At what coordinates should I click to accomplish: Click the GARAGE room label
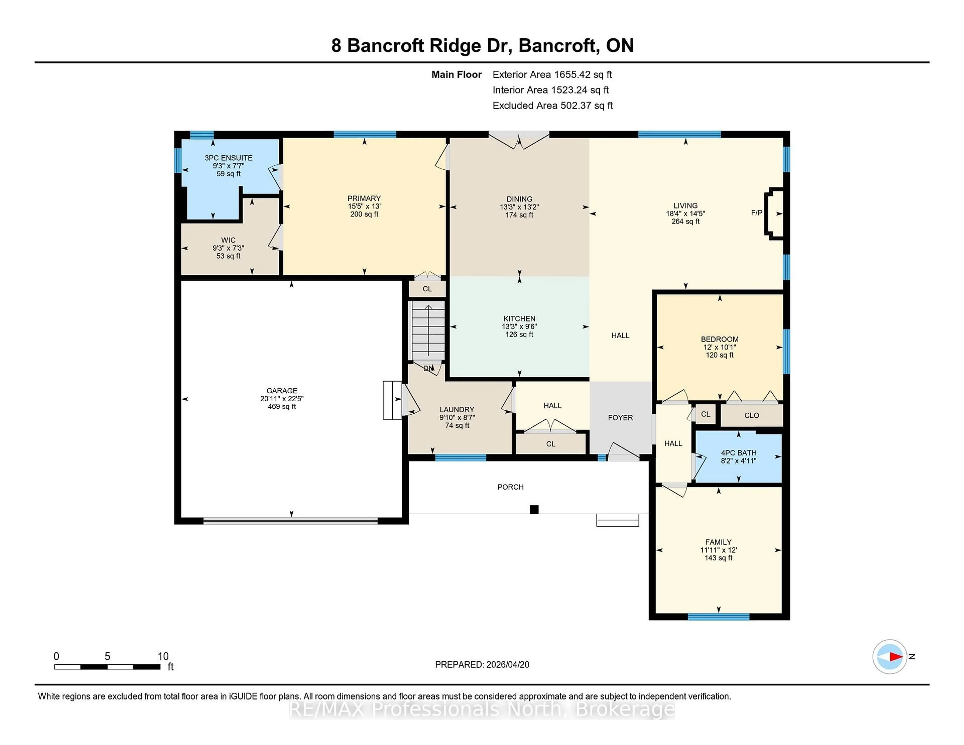pos(282,391)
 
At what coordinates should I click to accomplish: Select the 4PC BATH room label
pos(739,453)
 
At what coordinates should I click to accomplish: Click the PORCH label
pos(510,487)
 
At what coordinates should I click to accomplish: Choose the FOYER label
pos(620,417)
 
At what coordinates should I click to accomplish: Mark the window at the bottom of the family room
pos(718,616)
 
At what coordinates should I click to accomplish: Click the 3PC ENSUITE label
pos(228,158)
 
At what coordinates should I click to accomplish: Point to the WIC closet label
pos(228,240)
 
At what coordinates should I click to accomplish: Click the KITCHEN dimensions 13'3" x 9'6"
pos(519,327)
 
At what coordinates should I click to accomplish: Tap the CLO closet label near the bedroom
pos(751,415)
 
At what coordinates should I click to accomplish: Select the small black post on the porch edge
pos(534,509)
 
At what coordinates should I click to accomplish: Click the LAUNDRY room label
pos(457,410)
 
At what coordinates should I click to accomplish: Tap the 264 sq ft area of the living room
pos(686,222)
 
